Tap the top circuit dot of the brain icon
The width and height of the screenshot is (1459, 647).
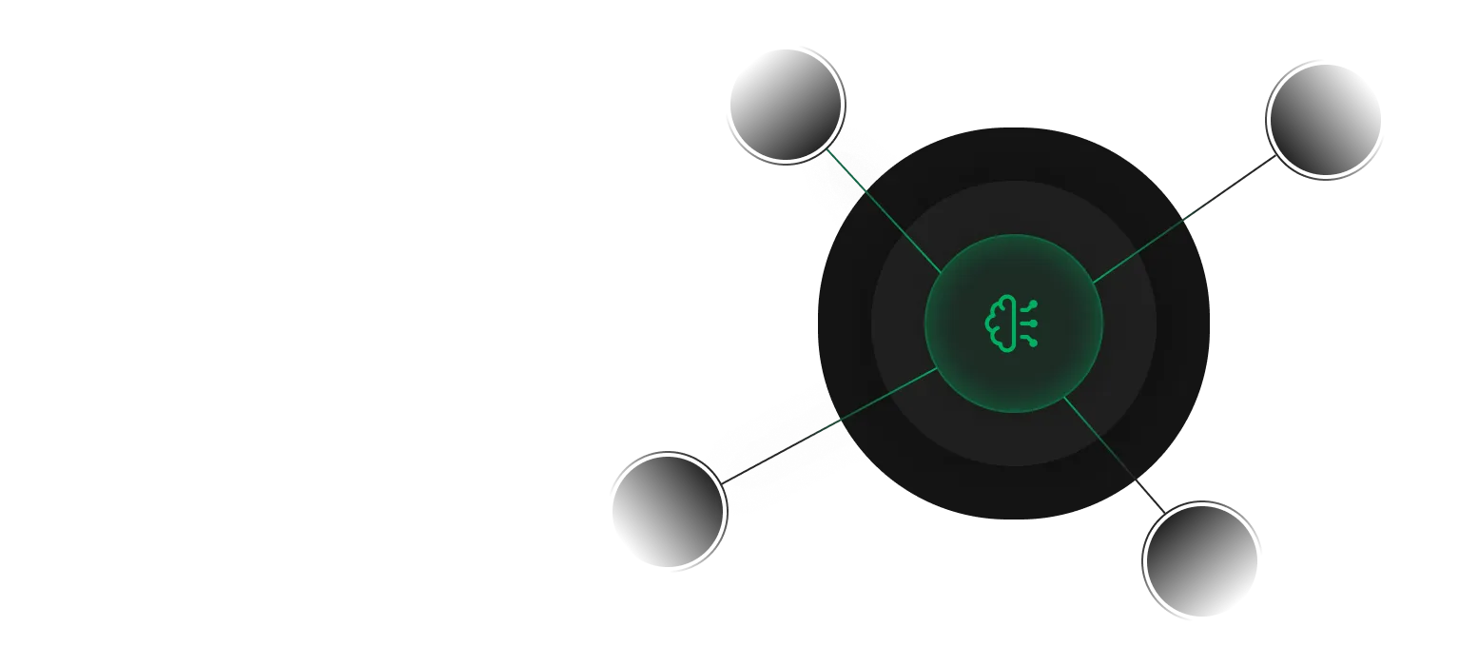(1034, 304)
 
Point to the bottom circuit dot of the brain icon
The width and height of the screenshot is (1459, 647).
(1034, 343)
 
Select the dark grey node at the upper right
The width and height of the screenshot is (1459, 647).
(1323, 121)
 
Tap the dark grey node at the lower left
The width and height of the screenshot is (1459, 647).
(669, 510)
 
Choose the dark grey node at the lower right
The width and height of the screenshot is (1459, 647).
(1201, 556)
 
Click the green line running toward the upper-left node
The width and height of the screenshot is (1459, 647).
(885, 210)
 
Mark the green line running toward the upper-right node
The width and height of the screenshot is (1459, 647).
(1141, 249)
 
